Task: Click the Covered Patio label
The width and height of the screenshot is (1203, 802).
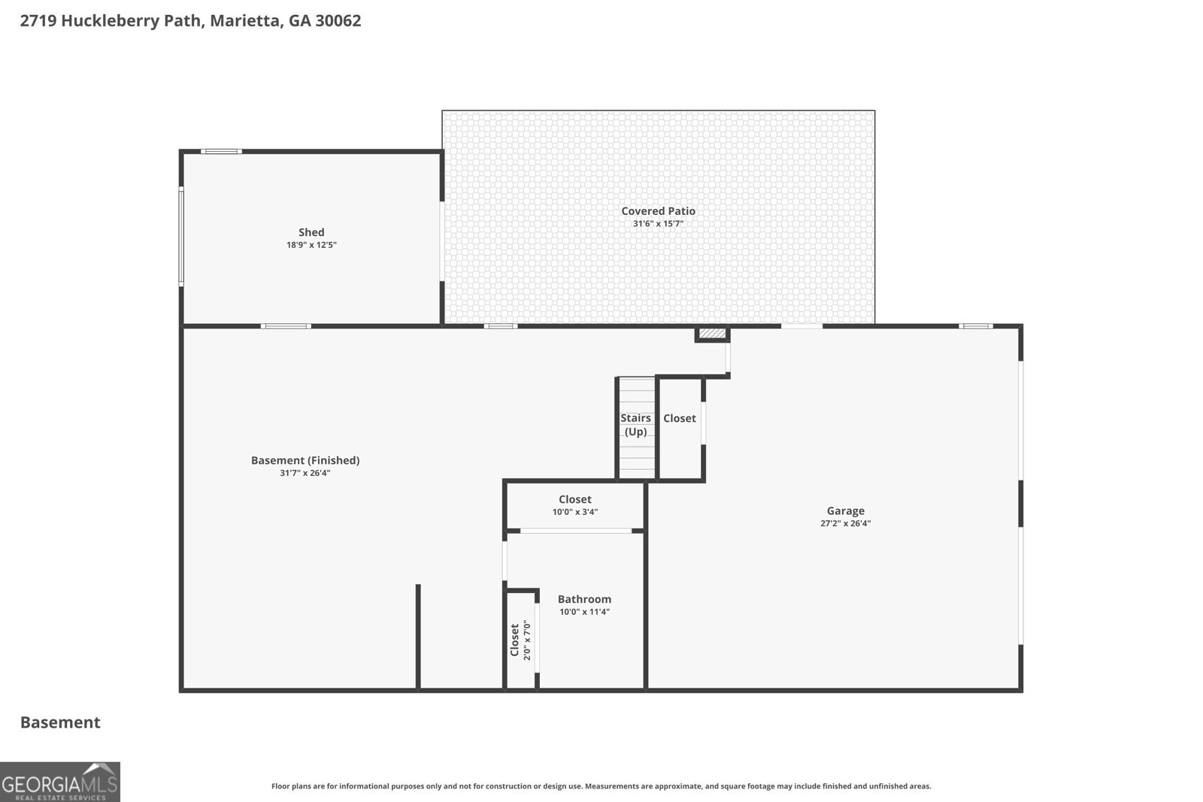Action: tap(658, 211)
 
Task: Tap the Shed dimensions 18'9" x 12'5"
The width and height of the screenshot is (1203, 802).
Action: tap(311, 245)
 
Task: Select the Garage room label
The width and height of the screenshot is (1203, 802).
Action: tap(845, 511)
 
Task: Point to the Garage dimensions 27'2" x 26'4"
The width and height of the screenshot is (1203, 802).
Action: tap(845, 523)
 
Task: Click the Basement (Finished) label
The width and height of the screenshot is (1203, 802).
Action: tap(305, 460)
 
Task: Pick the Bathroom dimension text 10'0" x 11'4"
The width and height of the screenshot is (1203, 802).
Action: tap(584, 611)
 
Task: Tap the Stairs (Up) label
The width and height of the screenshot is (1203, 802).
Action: tap(636, 425)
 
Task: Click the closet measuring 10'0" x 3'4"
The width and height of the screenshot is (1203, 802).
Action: tap(575, 505)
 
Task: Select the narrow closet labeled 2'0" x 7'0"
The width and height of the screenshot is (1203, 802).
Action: tap(520, 640)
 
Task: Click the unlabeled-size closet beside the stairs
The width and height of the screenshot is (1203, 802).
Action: tap(680, 428)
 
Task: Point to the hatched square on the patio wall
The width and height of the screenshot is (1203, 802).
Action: tap(712, 334)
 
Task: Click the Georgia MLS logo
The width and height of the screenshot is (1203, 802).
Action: tap(59, 782)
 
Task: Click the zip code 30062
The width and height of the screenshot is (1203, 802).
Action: tap(338, 21)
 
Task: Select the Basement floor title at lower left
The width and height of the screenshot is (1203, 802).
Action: tap(60, 722)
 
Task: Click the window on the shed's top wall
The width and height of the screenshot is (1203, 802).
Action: tap(221, 151)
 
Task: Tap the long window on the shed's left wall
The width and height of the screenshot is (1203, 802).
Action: tap(181, 236)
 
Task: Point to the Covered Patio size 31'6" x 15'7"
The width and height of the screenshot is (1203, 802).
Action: tap(658, 224)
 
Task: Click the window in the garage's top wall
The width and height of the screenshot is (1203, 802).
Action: tap(976, 326)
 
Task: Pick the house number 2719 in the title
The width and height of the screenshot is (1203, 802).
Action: tap(38, 21)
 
